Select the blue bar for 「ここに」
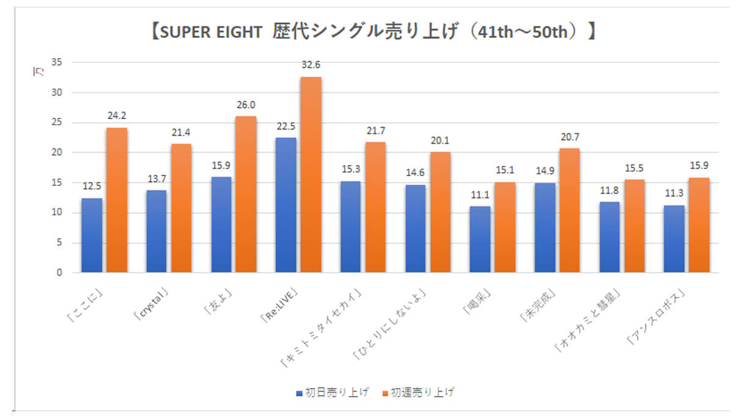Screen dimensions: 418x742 point(92,235)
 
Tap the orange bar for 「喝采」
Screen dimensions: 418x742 point(505,227)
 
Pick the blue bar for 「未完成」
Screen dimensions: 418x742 point(544,227)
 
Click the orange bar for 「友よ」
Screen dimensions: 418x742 point(246,194)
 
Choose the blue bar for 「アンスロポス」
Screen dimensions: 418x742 point(674,239)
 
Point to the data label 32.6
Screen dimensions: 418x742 point(311,64)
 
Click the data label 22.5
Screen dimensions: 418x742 point(286,127)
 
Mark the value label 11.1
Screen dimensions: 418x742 point(480,196)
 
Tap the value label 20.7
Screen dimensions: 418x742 point(569,137)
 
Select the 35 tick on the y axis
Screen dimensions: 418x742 point(59,62)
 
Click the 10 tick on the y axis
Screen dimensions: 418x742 point(59,213)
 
